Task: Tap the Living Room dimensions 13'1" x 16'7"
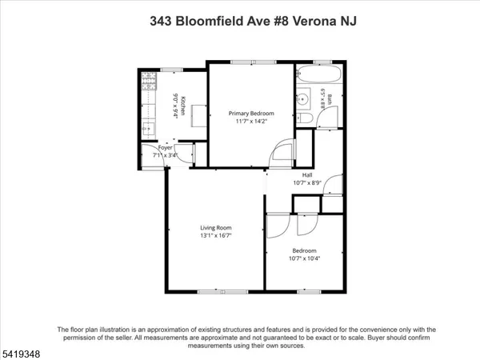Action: pyautogui.click(x=215, y=236)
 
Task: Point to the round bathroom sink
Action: pyautogui.click(x=303, y=100)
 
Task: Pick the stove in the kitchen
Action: pyautogui.click(x=147, y=81)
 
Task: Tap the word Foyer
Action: pyautogui.click(x=165, y=148)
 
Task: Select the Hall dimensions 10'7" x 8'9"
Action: pyautogui.click(x=307, y=182)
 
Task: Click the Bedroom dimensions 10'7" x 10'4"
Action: pyautogui.click(x=304, y=258)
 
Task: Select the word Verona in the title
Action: pyautogui.click(x=310, y=22)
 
